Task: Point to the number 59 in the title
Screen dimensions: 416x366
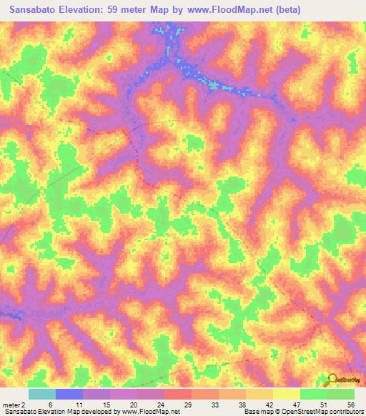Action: tap(121, 10)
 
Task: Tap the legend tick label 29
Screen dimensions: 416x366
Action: tap(187, 405)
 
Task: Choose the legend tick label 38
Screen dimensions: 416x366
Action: tap(242, 405)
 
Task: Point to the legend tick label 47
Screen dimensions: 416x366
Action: tap(296, 405)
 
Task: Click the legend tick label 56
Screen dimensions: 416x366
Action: tap(350, 405)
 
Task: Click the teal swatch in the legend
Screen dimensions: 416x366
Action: tap(41, 394)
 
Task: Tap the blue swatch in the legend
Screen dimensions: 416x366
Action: tap(69, 394)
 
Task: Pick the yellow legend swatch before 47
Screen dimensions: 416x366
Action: tap(286, 394)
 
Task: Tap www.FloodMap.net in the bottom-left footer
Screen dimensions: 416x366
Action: tap(150, 412)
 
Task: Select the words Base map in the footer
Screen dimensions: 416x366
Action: tap(257, 412)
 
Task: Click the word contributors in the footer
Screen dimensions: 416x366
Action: tap(343, 412)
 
